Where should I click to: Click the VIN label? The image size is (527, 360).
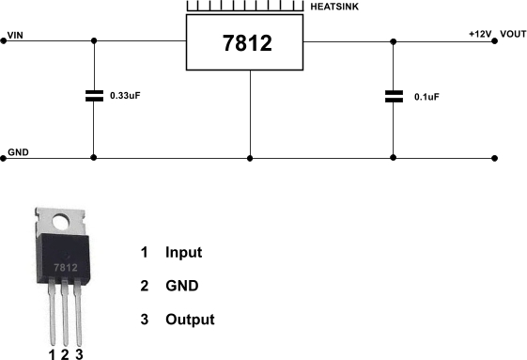click(x=16, y=36)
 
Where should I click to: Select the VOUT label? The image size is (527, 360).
click(x=513, y=34)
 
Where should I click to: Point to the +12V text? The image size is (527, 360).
click(x=480, y=34)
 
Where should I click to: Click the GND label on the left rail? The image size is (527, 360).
click(x=18, y=151)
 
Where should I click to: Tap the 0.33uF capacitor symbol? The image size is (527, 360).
click(x=94, y=95)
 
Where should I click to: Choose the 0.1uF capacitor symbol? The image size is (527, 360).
click(x=394, y=95)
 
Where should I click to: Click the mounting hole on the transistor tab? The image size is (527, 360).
click(x=64, y=226)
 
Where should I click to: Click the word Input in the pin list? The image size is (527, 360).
click(x=183, y=253)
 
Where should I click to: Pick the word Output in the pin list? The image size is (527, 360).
click(x=190, y=320)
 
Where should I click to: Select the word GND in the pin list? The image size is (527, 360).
click(x=181, y=286)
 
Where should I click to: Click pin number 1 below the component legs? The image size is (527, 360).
click(x=52, y=353)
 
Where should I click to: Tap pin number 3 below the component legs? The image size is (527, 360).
click(x=79, y=353)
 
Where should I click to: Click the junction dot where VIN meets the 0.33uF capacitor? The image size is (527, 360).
click(x=94, y=41)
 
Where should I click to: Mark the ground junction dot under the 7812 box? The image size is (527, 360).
click(x=251, y=158)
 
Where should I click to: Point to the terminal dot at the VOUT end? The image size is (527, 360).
click(x=500, y=41)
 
